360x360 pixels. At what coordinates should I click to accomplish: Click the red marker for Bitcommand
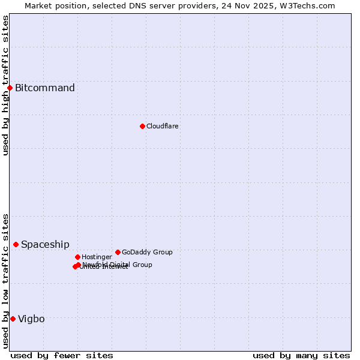10,88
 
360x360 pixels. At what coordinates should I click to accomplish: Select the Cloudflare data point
142,126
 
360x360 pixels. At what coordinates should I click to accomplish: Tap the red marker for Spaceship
16,244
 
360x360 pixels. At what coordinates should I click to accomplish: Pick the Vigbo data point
13,319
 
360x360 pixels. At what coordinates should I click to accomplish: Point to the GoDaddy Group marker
118,252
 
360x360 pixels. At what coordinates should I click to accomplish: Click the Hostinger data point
77,257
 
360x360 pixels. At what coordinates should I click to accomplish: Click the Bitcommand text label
45,88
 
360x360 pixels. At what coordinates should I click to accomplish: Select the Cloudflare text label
163,126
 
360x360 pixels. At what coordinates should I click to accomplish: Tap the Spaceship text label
45,244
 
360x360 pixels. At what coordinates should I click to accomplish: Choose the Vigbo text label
31,319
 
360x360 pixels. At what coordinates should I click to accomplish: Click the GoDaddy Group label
147,252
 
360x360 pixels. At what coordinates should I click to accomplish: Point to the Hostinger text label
97,257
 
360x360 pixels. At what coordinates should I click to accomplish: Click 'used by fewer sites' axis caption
62,355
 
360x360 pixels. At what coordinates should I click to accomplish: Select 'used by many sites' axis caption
301,355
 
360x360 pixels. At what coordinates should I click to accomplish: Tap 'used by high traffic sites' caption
5,85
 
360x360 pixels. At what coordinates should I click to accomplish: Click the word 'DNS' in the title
134,5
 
